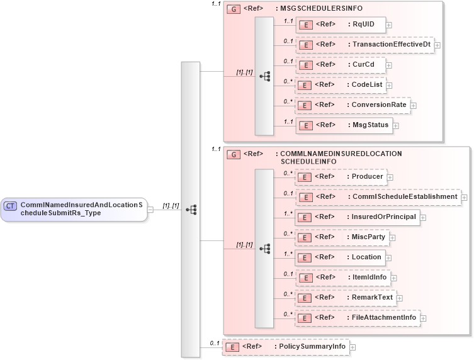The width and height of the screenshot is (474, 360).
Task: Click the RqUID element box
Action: (x=341, y=25)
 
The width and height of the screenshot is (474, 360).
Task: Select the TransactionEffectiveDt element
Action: (x=364, y=45)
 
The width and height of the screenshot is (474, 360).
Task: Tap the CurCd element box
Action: (x=341, y=65)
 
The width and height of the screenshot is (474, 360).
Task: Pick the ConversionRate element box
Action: (x=353, y=105)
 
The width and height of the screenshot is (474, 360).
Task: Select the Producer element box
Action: (x=341, y=177)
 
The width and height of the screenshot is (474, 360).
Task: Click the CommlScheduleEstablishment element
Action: (x=378, y=197)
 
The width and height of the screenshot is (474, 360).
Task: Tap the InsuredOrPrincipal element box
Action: (x=358, y=217)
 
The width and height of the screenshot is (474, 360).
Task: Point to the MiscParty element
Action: (x=342, y=237)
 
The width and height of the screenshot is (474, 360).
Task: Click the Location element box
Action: (x=341, y=257)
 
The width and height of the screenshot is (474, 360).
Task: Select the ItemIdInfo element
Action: (x=343, y=278)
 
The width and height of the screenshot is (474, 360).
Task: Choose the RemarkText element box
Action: (x=346, y=298)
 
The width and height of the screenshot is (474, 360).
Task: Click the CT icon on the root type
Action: (x=11, y=206)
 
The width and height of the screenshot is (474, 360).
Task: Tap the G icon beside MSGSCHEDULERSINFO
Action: (x=233, y=9)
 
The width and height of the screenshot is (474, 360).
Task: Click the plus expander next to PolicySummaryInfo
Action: (x=353, y=347)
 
